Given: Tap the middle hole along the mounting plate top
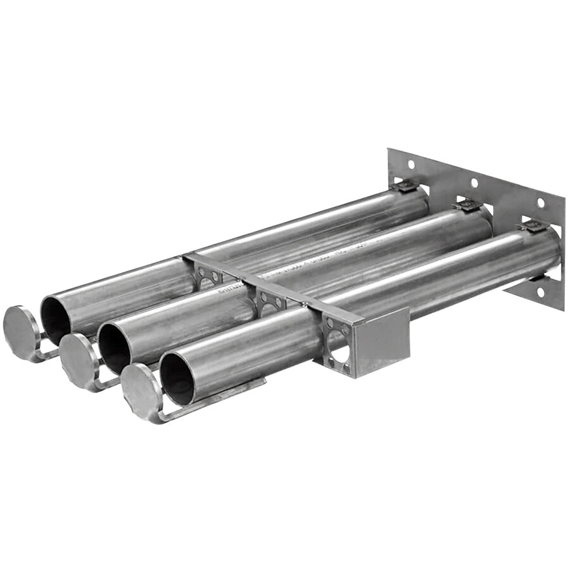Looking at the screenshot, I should click(473, 183).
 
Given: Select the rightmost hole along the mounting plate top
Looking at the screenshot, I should click(540, 203).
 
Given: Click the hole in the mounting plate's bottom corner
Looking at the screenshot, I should click(540, 292).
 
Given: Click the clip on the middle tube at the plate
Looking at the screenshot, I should click(467, 205).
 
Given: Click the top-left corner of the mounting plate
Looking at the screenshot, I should click(389, 149).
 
